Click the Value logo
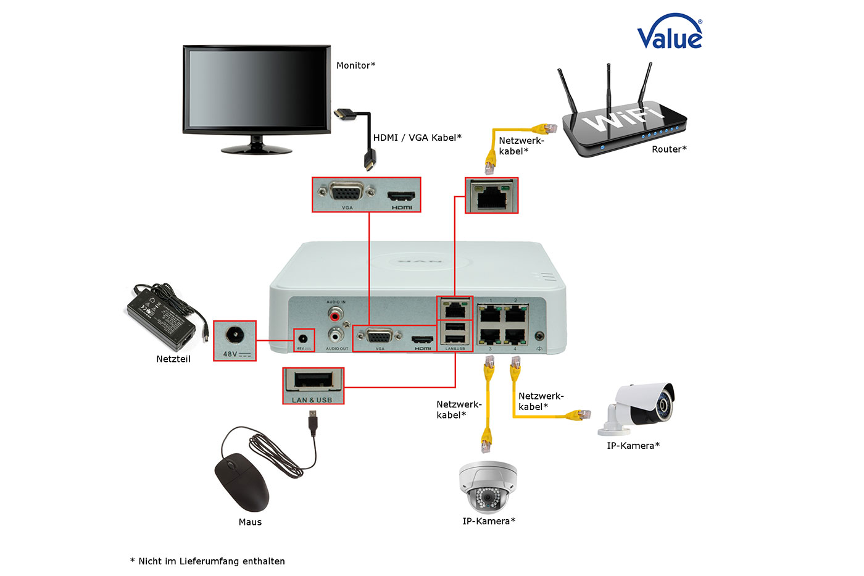[670, 33]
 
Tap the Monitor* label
[355, 65]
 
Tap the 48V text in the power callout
[230, 354]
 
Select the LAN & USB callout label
[312, 400]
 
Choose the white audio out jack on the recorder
[335, 335]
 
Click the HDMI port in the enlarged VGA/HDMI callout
[401, 196]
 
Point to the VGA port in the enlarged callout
[346, 193]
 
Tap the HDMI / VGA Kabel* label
[417, 138]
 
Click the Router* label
[669, 149]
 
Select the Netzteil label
[173, 359]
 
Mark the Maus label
[250, 522]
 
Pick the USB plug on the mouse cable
[314, 423]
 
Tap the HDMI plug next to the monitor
[344, 115]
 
